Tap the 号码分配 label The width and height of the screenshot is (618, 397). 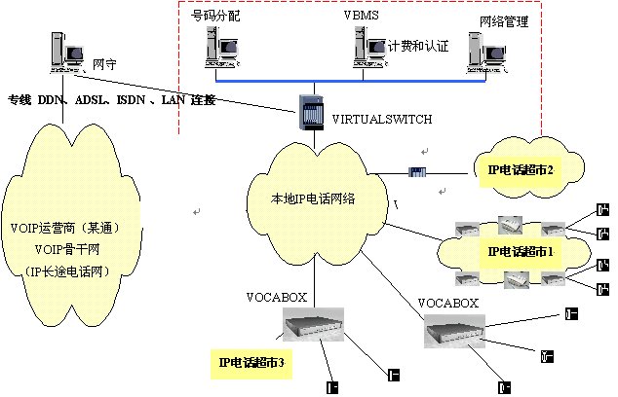215,17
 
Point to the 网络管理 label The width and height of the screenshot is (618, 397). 504,20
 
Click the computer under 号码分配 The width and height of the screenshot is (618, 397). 221,48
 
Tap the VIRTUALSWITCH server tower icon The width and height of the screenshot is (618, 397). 309,109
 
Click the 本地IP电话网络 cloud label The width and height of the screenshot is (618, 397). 313,198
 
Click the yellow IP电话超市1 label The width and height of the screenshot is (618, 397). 521,251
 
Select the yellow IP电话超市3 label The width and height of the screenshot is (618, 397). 252,364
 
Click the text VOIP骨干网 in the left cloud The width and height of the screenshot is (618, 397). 65,249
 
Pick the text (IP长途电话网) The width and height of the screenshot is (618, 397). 65,270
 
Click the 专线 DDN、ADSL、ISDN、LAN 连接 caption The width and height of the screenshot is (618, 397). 111,100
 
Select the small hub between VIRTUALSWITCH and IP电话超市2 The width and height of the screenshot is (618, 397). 417,172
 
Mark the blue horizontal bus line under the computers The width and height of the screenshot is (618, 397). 351,81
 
